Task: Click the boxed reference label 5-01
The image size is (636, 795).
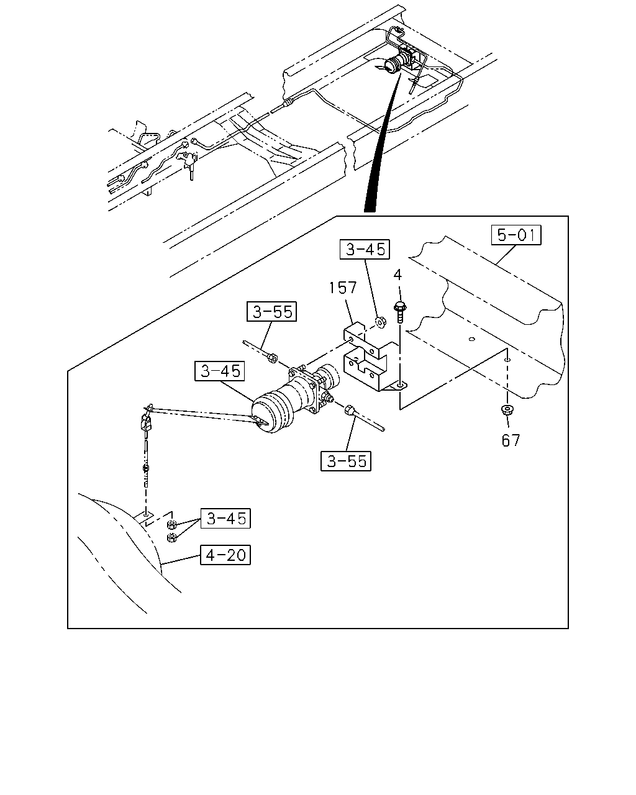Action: (516, 235)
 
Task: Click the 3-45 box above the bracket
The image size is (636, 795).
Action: (365, 249)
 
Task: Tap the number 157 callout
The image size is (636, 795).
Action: (343, 288)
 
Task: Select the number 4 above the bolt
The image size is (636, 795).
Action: (397, 275)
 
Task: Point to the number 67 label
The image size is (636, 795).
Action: (511, 440)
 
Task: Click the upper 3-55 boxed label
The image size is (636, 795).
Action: (271, 311)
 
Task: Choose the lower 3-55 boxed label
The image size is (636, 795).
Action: (346, 461)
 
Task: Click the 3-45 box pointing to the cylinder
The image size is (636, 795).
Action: (219, 371)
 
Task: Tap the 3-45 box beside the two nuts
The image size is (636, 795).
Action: (225, 518)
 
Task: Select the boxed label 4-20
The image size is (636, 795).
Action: (225, 555)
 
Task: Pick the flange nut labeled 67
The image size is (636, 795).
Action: (507, 409)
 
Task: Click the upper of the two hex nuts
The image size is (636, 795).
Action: (171, 524)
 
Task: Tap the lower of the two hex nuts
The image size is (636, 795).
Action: (171, 537)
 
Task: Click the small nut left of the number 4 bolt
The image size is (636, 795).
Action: (380, 322)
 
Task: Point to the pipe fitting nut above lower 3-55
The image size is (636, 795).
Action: (350, 410)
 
